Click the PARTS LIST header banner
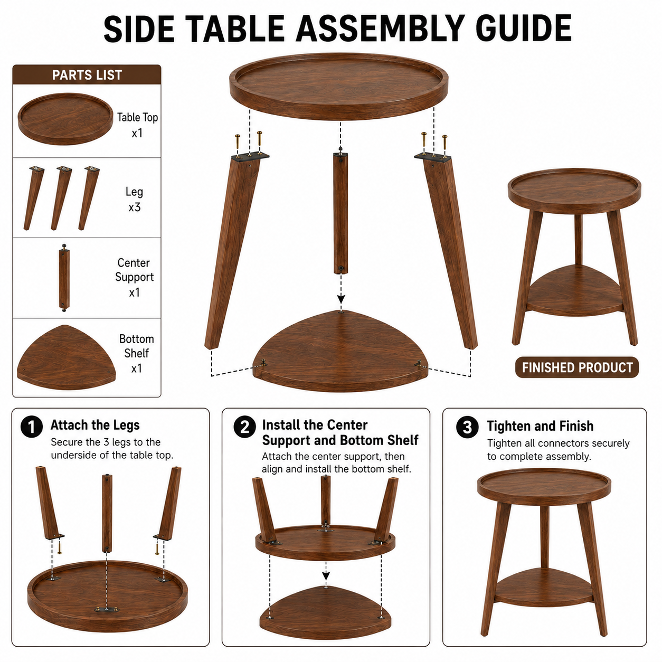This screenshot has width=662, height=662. tap(87, 74)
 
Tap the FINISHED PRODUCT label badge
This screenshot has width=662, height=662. tap(577, 367)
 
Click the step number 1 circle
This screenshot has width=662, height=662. tap(32, 427)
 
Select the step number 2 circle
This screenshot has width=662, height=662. tap(244, 427)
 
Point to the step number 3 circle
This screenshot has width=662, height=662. tap(467, 427)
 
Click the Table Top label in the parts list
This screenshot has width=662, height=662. tap(137, 118)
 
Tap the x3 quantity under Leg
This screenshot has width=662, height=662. tap(134, 207)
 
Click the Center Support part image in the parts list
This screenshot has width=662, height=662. tap(64, 278)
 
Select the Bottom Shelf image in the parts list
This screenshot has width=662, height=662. tap(67, 357)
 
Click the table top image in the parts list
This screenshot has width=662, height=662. tap(65, 119)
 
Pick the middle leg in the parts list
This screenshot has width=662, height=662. tap(61, 198)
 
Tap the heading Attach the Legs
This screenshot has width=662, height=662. tap(95, 425)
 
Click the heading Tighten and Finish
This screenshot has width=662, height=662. tap(540, 426)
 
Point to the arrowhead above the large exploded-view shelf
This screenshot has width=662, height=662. tap(341, 298)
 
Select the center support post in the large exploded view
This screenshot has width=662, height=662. tap(341, 213)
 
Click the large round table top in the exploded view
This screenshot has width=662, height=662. tap(339, 86)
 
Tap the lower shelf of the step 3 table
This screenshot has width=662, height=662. tap(543, 588)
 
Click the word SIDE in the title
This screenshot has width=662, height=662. tap(139, 29)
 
